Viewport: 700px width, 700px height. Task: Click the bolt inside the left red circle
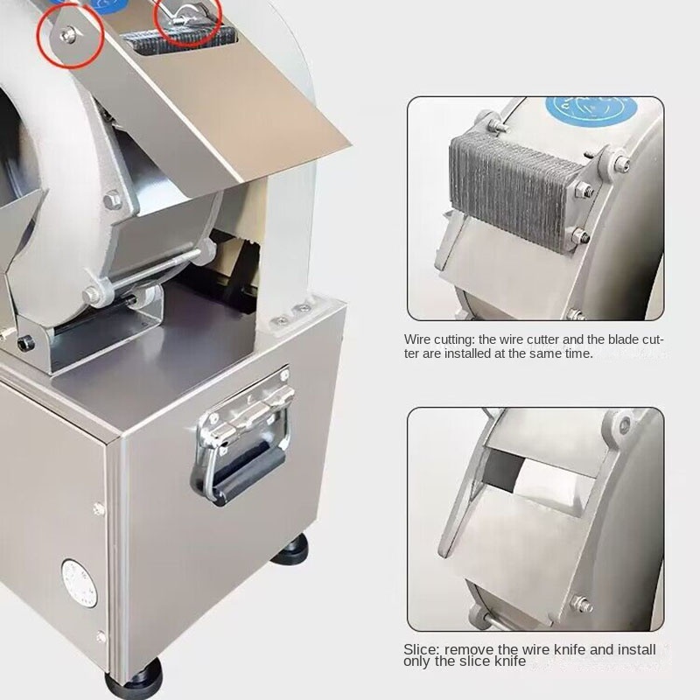[69, 34]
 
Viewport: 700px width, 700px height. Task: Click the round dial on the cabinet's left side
[80, 583]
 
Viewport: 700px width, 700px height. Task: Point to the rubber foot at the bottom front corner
[135, 680]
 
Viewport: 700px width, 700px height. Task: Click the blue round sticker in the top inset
[591, 110]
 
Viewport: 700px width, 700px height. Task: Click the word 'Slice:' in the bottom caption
[422, 649]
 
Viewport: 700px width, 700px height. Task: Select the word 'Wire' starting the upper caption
[416, 339]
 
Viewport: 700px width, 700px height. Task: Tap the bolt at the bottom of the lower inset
[582, 605]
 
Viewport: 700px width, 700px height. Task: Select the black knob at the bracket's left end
[26, 343]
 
